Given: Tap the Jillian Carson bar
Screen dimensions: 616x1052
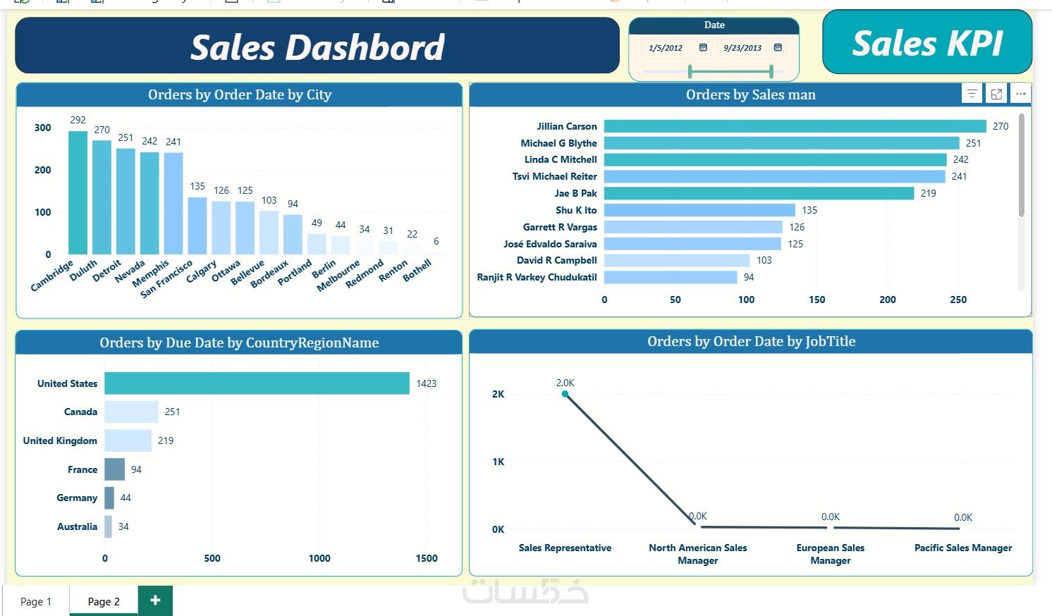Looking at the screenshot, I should (795, 126).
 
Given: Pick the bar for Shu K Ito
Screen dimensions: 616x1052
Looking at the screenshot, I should (699, 210).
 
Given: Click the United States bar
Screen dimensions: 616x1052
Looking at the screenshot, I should (257, 383).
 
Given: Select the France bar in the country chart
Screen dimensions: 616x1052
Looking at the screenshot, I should (114, 469).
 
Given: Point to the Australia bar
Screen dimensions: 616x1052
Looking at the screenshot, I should (109, 526).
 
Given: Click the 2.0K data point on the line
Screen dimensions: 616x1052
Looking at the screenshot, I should (565, 394).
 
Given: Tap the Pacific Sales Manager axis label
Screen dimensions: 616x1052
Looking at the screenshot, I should (962, 548).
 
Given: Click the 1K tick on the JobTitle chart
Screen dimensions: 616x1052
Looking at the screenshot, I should (499, 462).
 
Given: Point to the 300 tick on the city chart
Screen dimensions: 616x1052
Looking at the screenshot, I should (43, 128).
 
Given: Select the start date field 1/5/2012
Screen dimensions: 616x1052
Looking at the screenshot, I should (666, 48).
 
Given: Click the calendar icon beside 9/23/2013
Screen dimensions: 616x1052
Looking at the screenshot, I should (778, 47).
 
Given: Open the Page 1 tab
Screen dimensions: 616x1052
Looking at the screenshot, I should (36, 601).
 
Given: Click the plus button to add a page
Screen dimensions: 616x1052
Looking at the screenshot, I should (155, 600).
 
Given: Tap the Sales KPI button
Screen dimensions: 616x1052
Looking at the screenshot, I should (926, 42).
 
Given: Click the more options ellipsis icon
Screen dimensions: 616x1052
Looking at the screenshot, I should (1020, 94).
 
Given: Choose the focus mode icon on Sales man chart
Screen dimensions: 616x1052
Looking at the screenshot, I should (996, 94).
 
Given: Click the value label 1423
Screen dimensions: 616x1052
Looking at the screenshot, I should (426, 383).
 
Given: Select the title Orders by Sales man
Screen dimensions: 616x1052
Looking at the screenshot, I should (750, 94).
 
